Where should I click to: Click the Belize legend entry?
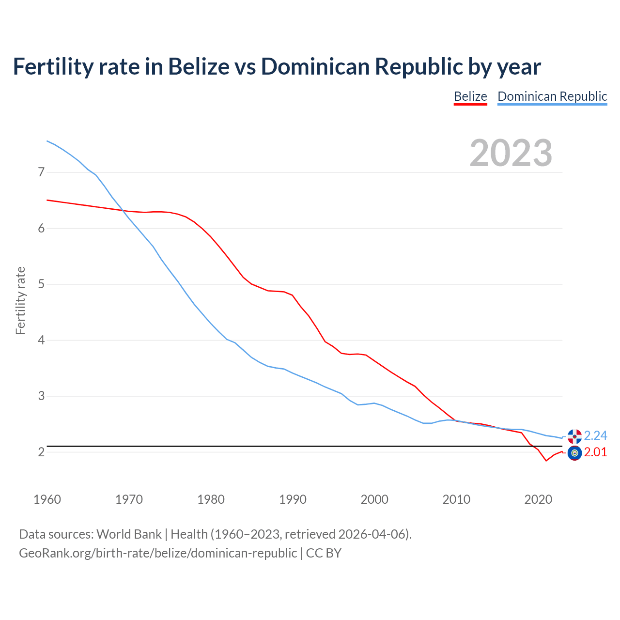pos(470,96)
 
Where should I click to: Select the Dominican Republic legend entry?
pos(552,96)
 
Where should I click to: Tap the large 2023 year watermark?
pos(511,153)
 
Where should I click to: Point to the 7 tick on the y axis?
pos(41,172)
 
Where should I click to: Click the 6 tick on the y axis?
pos(41,228)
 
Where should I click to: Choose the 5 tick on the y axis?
pos(41,284)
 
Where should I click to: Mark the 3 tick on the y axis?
pos(41,396)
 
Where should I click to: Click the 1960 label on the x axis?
pos(47,499)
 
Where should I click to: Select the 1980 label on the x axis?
pos(211,499)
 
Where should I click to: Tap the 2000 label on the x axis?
pos(374,499)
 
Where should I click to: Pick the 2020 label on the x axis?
pos(538,499)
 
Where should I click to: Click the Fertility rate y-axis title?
pos(20,300)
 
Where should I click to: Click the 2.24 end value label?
pos(595,435)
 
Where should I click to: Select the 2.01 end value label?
pos(595,452)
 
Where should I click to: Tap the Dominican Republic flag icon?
pos(574,436)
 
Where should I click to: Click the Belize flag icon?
pos(574,453)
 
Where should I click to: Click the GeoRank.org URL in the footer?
pos(158,553)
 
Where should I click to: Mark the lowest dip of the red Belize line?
pos(546,461)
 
